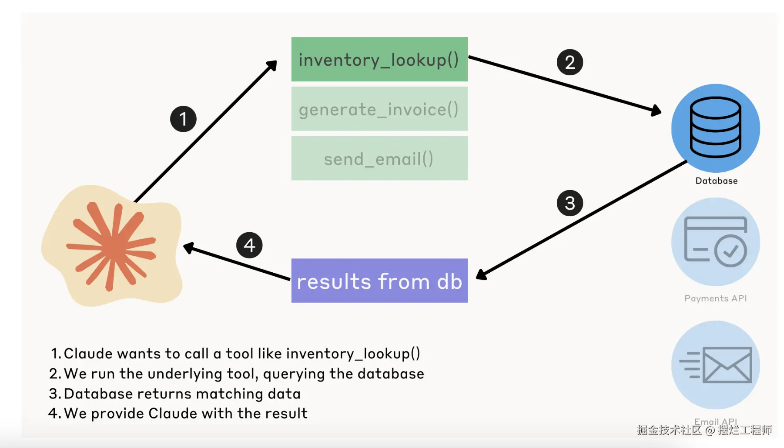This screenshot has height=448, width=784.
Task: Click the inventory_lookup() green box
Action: coord(379,59)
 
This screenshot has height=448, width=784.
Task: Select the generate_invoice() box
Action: coord(379,109)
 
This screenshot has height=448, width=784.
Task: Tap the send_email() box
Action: coord(379,158)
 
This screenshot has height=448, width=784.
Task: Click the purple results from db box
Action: coord(379,281)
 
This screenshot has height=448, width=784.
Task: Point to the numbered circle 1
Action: coord(183,119)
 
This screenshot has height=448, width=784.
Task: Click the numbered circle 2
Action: coord(570,62)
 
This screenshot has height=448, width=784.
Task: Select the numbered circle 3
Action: coord(570,203)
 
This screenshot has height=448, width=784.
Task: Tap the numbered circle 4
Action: coord(249,245)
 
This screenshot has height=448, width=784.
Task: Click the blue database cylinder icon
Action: coord(716,127)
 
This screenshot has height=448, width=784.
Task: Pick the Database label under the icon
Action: coord(716,181)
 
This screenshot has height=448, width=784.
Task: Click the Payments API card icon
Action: coord(716,242)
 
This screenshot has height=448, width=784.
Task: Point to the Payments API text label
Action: coord(716,298)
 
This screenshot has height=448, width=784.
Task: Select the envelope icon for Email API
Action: coord(727,365)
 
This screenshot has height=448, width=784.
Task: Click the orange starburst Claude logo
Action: coord(111,246)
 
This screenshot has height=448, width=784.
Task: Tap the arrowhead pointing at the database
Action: coord(656,110)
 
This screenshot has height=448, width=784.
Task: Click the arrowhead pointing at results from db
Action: coord(481,274)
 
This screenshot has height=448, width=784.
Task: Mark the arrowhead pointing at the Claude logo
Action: coord(188,247)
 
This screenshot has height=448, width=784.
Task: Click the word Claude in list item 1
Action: coord(89,354)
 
